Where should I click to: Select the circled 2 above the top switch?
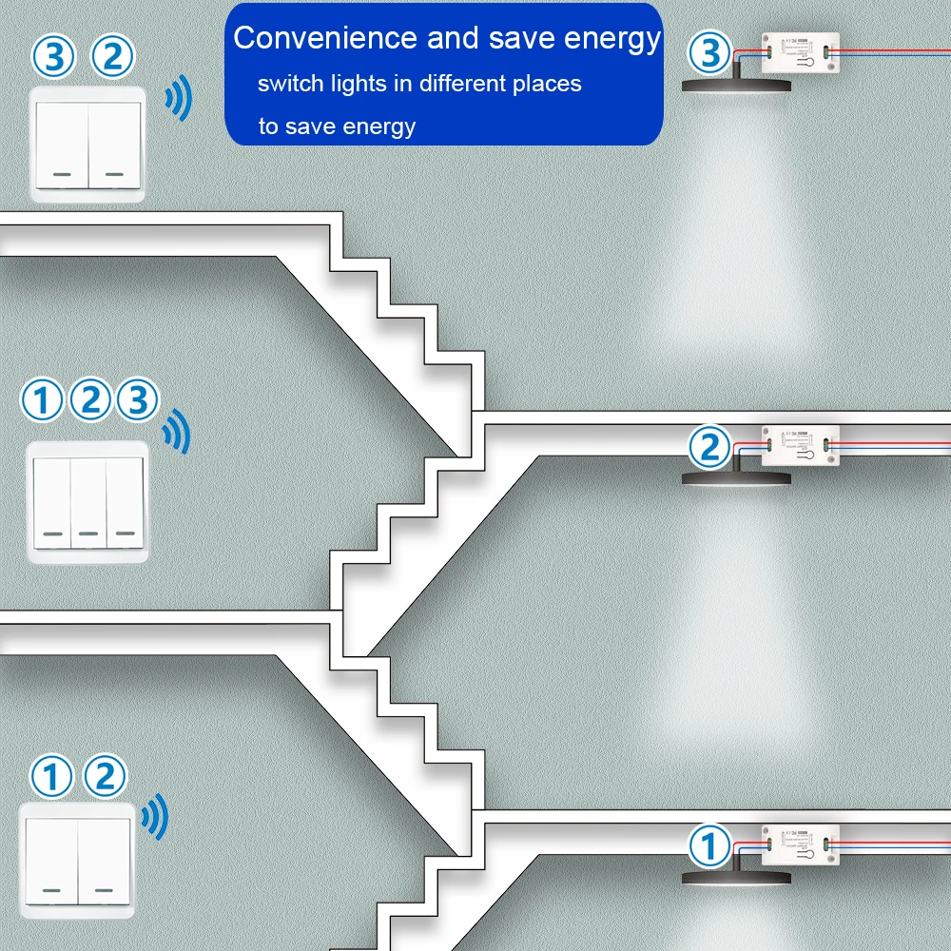point(112,57)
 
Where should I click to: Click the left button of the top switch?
point(63,145)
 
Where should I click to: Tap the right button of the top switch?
point(114,145)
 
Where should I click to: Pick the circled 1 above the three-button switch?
point(41,401)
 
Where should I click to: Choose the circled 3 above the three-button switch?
point(138,401)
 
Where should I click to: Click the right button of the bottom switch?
point(105,863)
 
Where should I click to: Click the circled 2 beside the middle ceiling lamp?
point(709,447)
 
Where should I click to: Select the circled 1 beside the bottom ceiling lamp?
point(709,845)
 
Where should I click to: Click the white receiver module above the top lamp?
point(799,55)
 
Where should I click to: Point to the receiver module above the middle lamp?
point(799,444)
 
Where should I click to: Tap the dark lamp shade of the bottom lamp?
point(737,876)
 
